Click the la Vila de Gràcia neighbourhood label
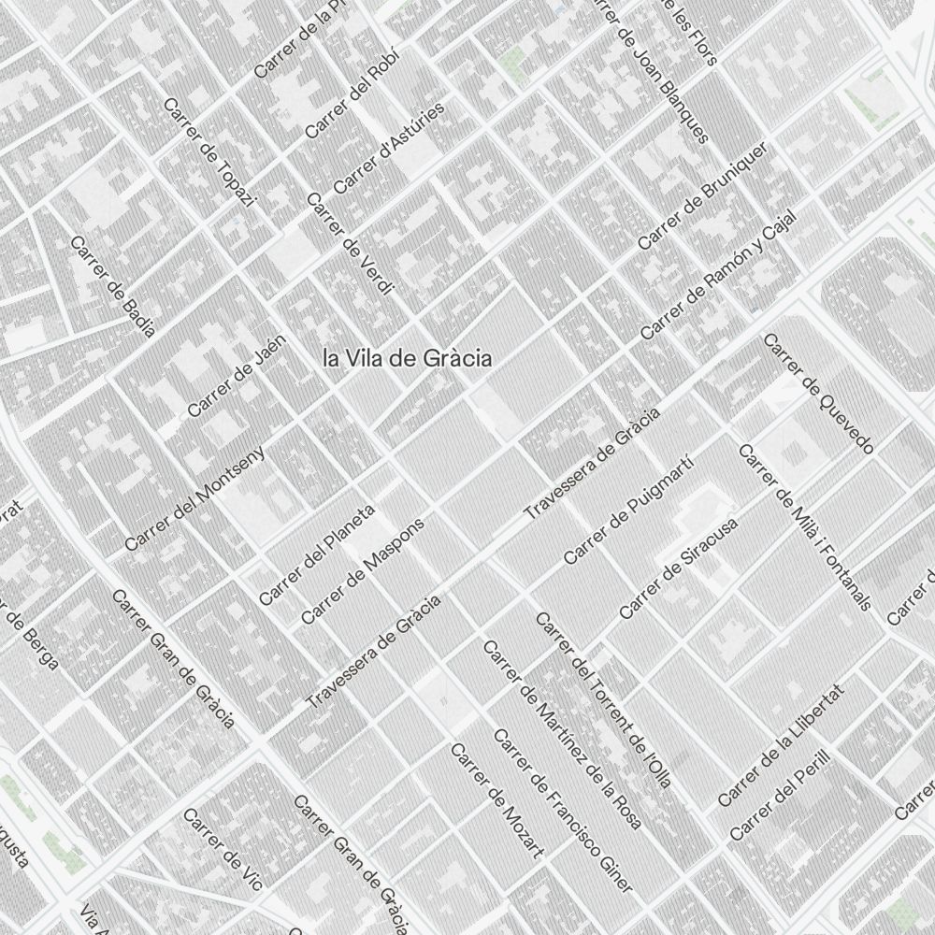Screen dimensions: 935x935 [x=407, y=358]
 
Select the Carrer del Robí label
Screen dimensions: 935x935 [x=352, y=93]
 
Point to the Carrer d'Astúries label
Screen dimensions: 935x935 [x=389, y=148]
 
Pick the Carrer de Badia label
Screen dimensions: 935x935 [x=112, y=285]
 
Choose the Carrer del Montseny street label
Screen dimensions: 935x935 [x=195, y=496]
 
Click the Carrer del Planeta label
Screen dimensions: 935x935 [x=317, y=554]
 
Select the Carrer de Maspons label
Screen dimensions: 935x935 [x=363, y=568]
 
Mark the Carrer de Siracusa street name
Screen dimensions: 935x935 [x=679, y=568]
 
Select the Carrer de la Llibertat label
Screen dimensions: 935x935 [x=781, y=745]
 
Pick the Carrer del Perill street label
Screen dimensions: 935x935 [x=779, y=794]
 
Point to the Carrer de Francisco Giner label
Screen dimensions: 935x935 [x=562, y=811]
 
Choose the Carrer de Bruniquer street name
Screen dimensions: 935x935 [x=703, y=195]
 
